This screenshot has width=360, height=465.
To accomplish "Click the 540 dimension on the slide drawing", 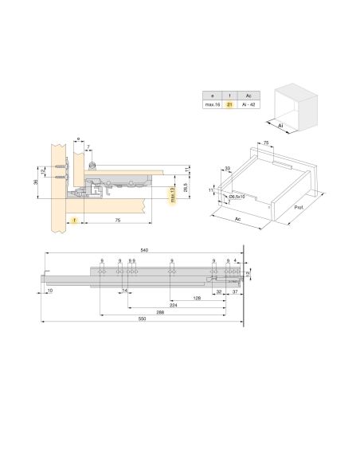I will [144, 251].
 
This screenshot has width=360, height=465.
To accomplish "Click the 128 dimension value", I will [195, 298].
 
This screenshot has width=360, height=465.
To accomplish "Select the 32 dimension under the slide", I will [218, 291].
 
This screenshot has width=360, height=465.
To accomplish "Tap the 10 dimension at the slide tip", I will [49, 291].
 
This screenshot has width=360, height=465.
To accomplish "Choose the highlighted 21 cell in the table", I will [229, 104].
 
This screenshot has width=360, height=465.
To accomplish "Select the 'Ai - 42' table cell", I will [248, 104].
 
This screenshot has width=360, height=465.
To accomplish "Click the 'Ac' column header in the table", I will [248, 94].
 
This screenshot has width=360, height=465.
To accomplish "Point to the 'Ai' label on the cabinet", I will [279, 124].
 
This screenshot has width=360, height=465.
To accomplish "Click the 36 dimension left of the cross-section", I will [37, 182].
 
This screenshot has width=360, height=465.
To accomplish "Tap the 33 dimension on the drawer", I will [228, 168].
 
